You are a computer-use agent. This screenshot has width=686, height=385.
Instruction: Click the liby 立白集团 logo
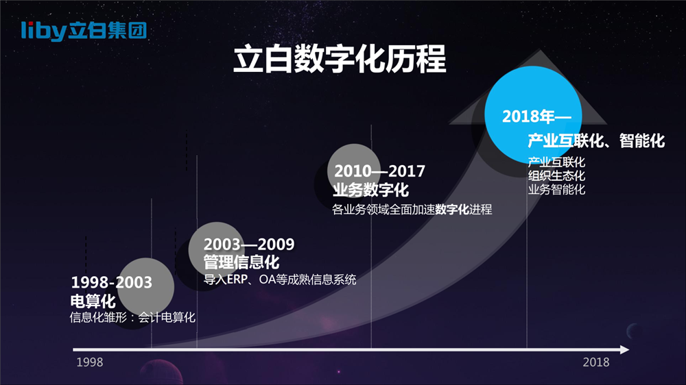pyautogui.click(x=84, y=31)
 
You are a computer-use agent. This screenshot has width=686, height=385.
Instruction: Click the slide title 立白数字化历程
pyautogui.click(x=340, y=59)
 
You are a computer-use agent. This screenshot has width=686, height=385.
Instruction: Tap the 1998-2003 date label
pyautogui.click(x=112, y=282)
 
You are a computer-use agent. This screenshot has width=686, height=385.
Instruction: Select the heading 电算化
pyautogui.click(x=93, y=301)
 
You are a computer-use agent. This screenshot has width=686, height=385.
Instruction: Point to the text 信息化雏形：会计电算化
pyautogui.click(x=132, y=317)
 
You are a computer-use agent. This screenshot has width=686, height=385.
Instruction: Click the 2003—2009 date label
pyautogui.click(x=249, y=244)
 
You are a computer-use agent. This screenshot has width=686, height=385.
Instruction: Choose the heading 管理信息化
pyautogui.click(x=241, y=262)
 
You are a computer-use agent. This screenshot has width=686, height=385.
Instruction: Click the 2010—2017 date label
pyautogui.click(x=380, y=171)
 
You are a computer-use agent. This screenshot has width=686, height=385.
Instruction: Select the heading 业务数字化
pyautogui.click(x=370, y=190)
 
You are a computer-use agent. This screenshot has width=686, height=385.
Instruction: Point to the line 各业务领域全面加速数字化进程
pyautogui.click(x=412, y=210)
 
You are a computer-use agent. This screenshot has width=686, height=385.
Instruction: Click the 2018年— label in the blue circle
pyautogui.click(x=536, y=116)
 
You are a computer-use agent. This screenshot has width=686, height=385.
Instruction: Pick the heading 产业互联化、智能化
pyautogui.click(x=596, y=140)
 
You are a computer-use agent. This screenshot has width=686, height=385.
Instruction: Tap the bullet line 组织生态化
pyautogui.click(x=556, y=175)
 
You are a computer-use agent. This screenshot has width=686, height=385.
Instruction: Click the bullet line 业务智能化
pyautogui.click(x=556, y=189)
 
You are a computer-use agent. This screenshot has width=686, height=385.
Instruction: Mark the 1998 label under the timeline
pyautogui.click(x=90, y=362)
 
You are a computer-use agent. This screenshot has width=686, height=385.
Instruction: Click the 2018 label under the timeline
pyautogui.click(x=596, y=362)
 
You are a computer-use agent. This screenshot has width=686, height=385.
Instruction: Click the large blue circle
pyautogui.click(x=533, y=114)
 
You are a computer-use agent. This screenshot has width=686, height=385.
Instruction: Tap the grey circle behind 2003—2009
pyautogui.click(x=216, y=250)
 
